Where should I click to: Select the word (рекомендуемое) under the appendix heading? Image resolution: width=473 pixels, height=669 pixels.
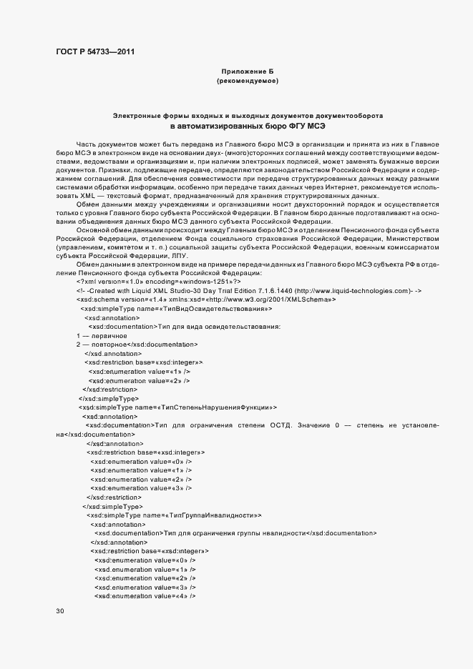(247, 81)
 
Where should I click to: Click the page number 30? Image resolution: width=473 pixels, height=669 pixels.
(60, 611)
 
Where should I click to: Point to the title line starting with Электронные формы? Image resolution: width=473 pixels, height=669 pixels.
(248, 115)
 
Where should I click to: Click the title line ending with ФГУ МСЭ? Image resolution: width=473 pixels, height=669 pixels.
(248, 126)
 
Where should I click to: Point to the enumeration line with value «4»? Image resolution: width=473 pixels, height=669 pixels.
(145, 595)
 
